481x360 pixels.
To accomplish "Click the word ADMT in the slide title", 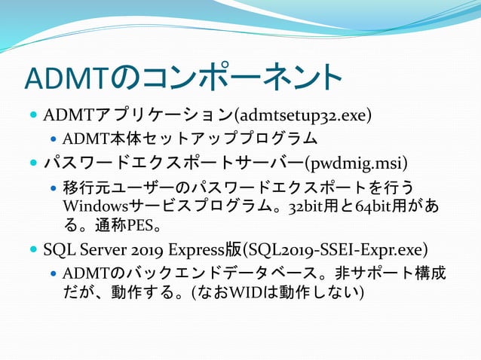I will click(x=69, y=78).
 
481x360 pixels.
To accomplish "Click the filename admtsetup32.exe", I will click(x=304, y=116).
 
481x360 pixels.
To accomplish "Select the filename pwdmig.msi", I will click(x=355, y=163).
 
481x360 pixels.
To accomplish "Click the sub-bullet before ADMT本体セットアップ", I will click(x=54, y=139).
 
